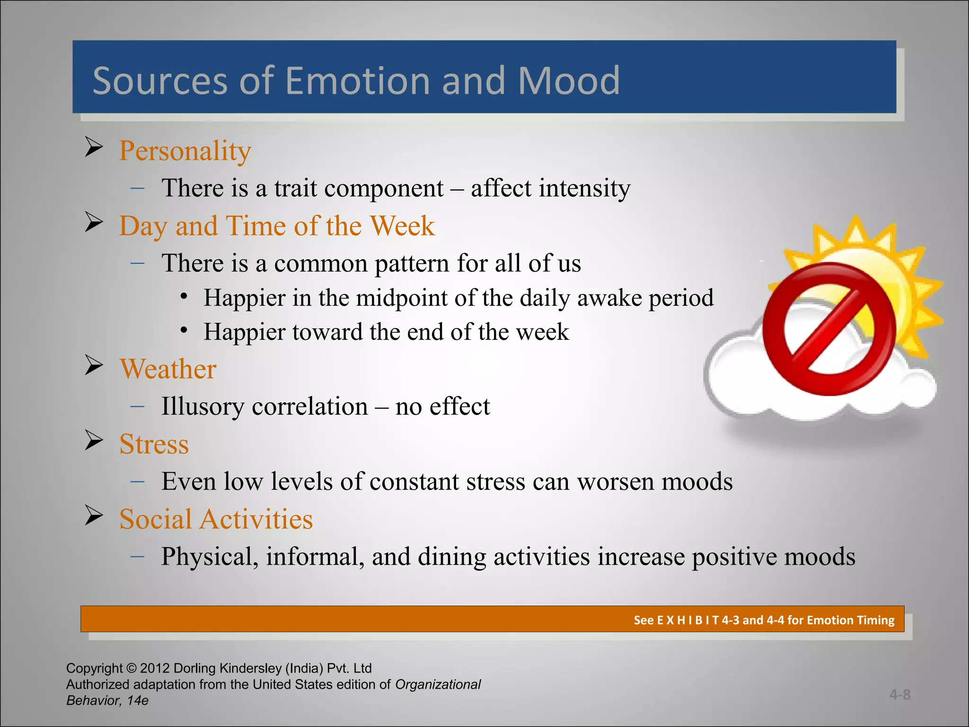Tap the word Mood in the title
[x=568, y=80]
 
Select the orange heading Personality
[x=185, y=151]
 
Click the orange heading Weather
[x=167, y=369]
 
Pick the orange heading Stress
[x=154, y=444]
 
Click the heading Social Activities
[x=216, y=519]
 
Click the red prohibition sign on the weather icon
[x=829, y=329]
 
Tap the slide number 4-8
[x=899, y=695]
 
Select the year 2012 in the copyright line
[x=154, y=668]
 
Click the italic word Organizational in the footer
[x=438, y=684]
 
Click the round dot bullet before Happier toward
[x=184, y=330]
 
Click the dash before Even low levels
[x=138, y=481]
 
